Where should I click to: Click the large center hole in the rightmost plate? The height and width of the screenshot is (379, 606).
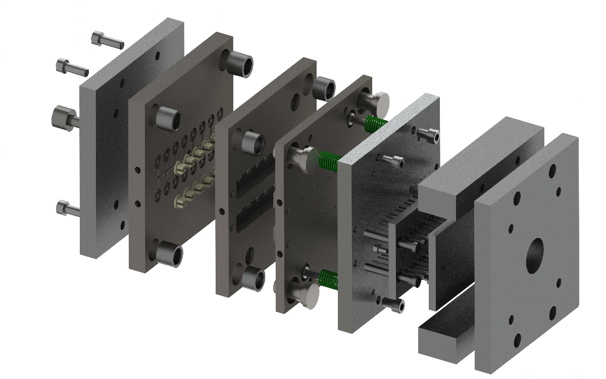(535, 254)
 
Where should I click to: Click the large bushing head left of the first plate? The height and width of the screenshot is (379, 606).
(65, 118)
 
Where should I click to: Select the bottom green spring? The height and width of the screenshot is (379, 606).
(329, 279)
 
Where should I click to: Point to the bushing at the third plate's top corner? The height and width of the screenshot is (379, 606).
(324, 89)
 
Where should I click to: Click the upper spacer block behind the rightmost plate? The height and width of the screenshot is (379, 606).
(480, 162)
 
